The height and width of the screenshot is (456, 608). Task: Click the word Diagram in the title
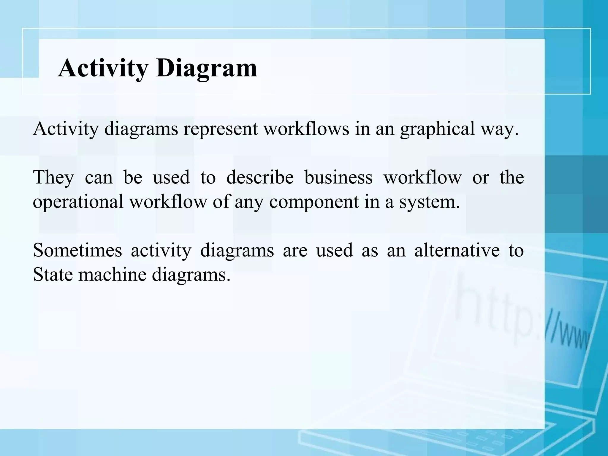coord(207,68)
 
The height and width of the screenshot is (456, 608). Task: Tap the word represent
coord(221,129)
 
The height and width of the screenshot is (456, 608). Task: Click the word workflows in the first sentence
coord(306,129)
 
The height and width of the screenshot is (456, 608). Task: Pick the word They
coord(53,178)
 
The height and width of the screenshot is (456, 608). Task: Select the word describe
coord(260,178)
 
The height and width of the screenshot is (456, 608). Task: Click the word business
coord(338,178)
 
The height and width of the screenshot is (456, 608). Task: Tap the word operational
coord(78,202)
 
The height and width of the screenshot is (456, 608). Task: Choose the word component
coord(314,202)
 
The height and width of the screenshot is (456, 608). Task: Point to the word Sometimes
coord(77,250)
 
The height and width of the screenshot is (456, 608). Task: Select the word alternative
coord(457,250)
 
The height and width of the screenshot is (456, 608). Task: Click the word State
coord(53,275)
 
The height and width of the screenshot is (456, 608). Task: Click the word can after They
coord(99,178)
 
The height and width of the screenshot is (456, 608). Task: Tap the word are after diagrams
coord(295,250)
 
